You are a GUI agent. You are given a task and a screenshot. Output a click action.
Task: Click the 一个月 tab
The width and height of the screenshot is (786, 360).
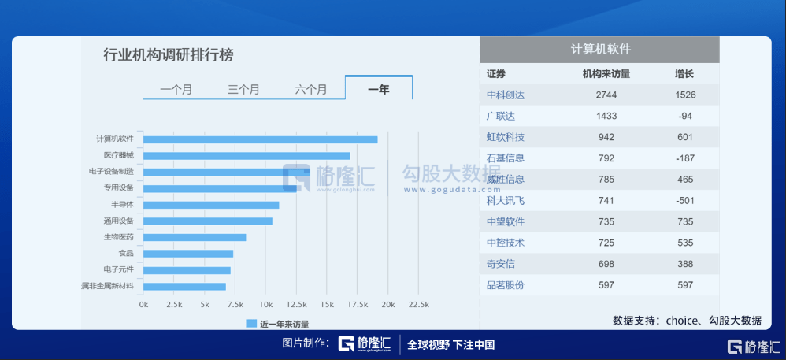[x=176, y=89]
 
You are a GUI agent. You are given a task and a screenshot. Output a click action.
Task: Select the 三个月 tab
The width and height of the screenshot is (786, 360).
[x=243, y=89]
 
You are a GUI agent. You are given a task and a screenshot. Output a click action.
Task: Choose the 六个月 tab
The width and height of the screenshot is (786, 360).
[x=311, y=89]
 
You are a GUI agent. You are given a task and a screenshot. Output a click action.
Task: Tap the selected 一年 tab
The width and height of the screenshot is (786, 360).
[x=378, y=89]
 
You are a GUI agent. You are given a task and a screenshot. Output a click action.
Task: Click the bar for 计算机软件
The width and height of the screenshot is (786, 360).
[x=260, y=139]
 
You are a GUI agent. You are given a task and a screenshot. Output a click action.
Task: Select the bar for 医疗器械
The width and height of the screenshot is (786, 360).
[x=247, y=156]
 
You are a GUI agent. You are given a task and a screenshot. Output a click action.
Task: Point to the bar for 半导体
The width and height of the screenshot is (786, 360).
[x=211, y=205]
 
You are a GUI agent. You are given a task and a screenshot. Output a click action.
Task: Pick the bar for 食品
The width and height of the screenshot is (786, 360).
[x=188, y=254]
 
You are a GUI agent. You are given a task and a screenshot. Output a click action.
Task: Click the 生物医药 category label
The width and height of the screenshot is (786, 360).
[x=118, y=237]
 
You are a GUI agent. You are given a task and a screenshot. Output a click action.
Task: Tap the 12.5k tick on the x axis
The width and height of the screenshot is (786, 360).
[x=296, y=304]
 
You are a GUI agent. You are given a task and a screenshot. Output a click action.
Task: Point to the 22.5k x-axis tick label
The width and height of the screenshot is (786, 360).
[x=418, y=304]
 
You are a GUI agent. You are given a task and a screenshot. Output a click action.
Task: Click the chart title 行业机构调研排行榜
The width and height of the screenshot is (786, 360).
[x=169, y=55]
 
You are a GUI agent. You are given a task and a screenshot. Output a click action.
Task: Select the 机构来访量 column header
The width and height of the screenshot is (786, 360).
[x=606, y=74]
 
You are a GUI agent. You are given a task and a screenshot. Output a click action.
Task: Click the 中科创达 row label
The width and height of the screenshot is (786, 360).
[x=506, y=95]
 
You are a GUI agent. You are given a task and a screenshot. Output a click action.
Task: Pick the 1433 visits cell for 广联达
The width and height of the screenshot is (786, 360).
[x=606, y=116]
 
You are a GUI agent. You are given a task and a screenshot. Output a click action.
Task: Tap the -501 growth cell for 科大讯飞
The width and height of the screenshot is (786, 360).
[x=684, y=200]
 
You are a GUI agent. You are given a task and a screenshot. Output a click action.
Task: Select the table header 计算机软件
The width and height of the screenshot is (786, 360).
[x=600, y=49]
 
